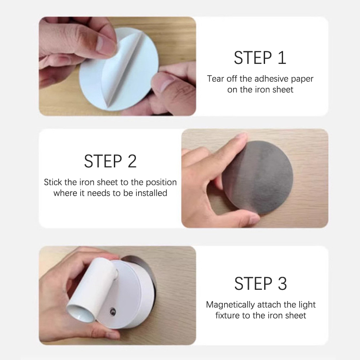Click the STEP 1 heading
point(260,58)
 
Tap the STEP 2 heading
point(110,161)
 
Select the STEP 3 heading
point(261,283)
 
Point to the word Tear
point(216,79)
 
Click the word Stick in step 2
point(53,182)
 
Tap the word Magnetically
point(230,305)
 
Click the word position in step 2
point(162,183)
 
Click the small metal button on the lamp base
point(113,311)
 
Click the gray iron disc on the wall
point(257,178)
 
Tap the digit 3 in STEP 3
point(283,283)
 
